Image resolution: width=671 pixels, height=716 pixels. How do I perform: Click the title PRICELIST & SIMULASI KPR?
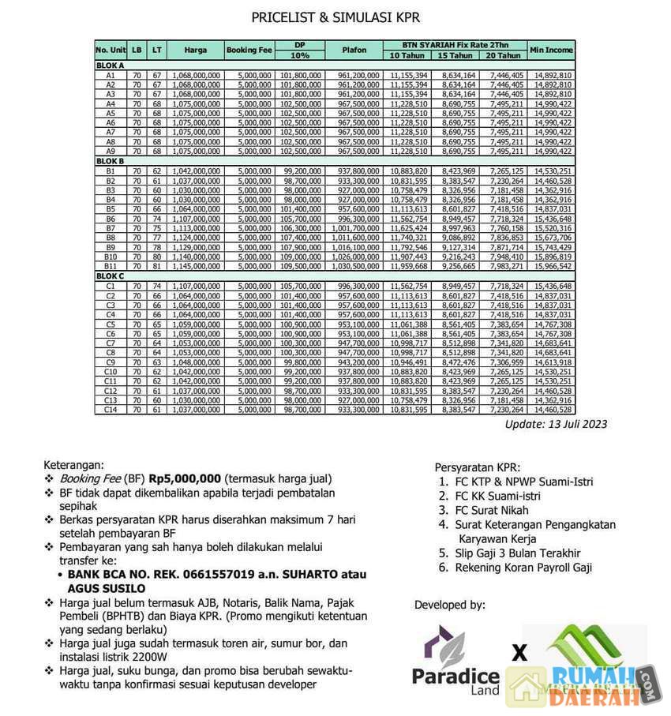335,17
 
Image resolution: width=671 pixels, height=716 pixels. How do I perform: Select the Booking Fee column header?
249,50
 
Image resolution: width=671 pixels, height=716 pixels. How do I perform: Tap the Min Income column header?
551,50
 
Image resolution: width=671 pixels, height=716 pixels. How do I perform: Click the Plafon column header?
354,50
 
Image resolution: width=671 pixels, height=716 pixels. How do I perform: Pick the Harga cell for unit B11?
196,266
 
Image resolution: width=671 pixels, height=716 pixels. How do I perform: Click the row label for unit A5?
111,113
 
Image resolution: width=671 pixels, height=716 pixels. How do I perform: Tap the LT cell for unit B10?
156,257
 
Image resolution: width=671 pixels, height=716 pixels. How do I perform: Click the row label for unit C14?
111,410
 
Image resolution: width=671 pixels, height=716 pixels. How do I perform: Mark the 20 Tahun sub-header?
503,55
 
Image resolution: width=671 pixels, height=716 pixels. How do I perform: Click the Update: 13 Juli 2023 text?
556,424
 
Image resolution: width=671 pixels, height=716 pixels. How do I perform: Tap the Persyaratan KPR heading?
478,467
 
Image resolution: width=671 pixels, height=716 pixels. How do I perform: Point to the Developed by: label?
450,605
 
